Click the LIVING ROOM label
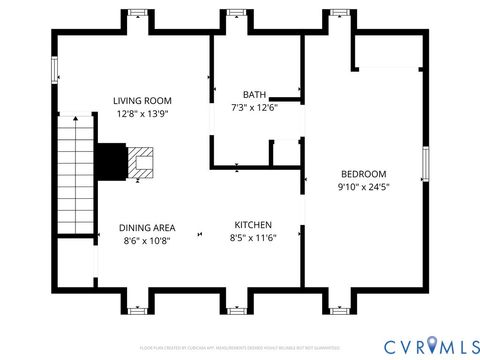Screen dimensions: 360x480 click(142, 100)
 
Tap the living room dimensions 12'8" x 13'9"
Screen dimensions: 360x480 click(142, 114)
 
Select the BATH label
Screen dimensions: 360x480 click(253, 95)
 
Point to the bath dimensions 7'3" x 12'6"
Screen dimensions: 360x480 click(253, 108)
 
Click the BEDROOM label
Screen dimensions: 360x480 click(361, 172)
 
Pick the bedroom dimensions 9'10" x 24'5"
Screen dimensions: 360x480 click(361, 186)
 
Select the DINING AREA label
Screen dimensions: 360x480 click(148, 227)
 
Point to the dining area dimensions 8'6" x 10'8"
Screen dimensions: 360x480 click(148, 241)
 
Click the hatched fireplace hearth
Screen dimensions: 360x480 click(141, 162)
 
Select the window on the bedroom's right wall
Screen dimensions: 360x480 click(425, 164)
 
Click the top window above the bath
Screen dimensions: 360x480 click(236, 14)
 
